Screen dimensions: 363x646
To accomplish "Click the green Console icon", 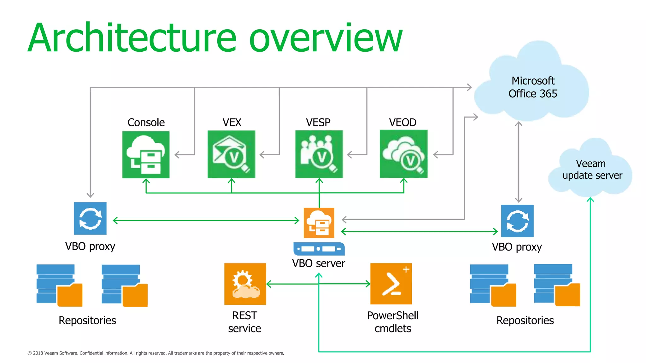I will [x=146, y=155].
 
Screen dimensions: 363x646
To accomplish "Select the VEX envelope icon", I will [x=231, y=154].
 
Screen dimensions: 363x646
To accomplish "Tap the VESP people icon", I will [x=319, y=154].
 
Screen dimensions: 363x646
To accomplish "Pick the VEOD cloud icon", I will [x=403, y=154].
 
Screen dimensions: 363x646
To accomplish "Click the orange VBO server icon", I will [x=319, y=223].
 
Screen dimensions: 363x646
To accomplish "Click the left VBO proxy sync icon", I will [x=90, y=218].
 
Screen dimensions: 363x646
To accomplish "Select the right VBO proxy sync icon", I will [x=517, y=221].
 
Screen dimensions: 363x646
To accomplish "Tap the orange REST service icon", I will [x=245, y=284].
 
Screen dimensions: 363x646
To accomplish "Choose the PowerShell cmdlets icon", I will [x=391, y=284].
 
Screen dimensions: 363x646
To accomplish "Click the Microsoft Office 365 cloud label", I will [x=533, y=87].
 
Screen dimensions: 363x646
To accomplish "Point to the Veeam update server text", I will [x=592, y=170].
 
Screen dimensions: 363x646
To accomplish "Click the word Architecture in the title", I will [x=132, y=38].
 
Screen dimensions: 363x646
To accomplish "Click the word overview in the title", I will [x=326, y=38].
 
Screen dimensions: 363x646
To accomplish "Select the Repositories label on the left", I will [x=87, y=320].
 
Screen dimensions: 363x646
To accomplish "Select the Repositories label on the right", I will [x=525, y=320].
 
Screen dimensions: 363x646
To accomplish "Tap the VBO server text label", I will [x=319, y=263].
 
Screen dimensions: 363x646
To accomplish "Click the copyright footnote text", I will [x=156, y=353].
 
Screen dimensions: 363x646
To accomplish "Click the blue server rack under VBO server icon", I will [x=319, y=249].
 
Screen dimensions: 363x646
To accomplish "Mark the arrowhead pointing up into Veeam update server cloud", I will [x=590, y=199].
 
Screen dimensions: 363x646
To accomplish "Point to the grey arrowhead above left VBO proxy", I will [x=90, y=195].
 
